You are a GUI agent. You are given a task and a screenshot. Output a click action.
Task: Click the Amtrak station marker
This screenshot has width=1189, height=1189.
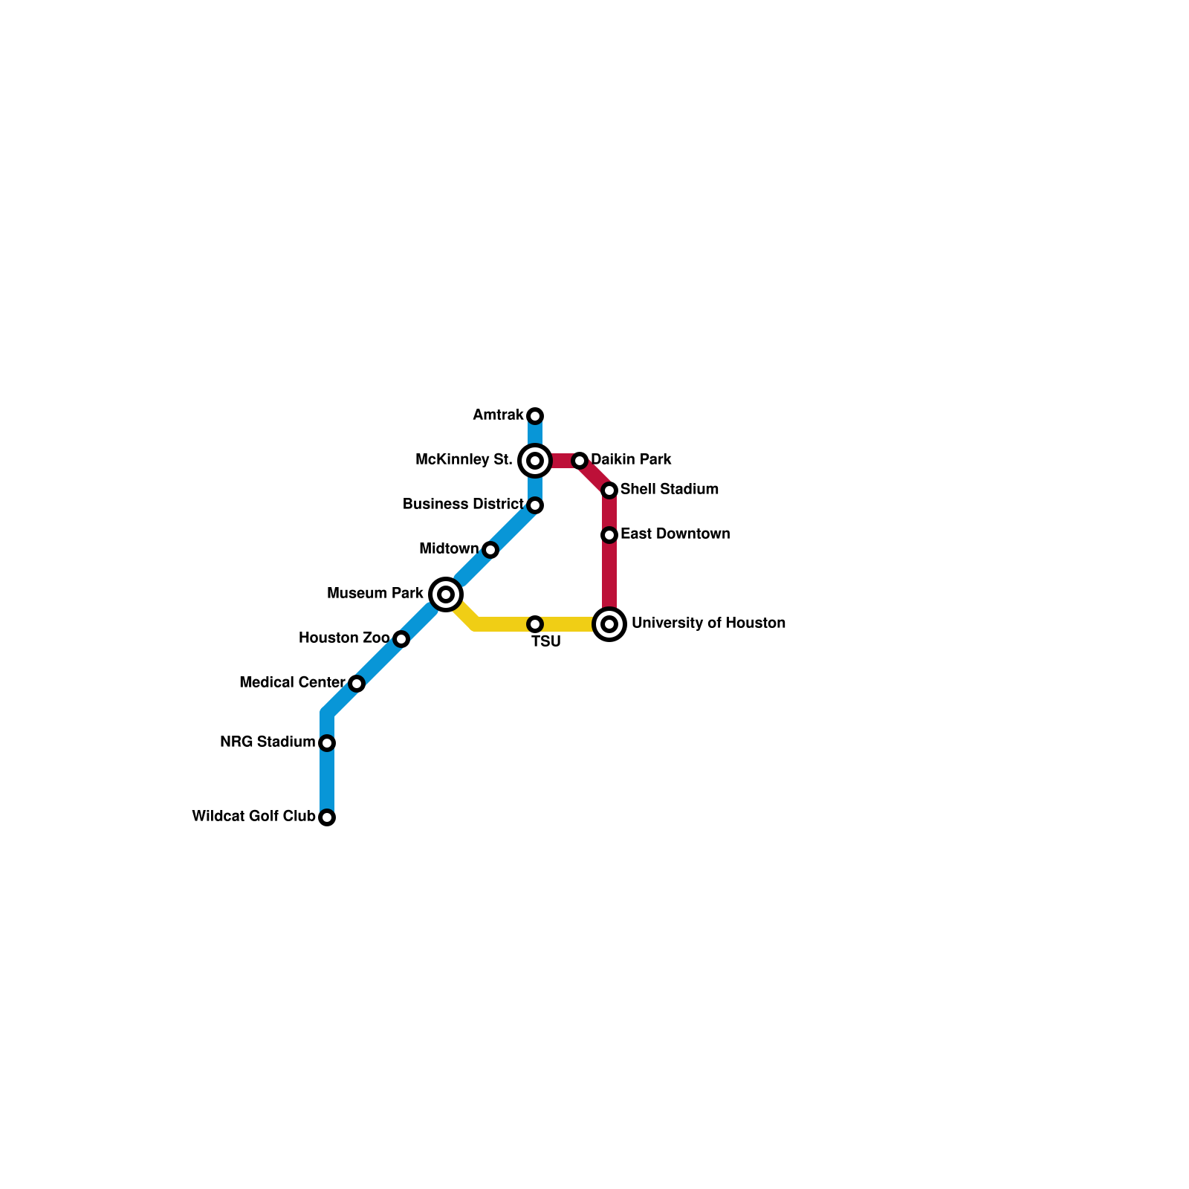535,415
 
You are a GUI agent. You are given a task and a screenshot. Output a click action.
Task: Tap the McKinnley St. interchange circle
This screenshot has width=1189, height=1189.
535,461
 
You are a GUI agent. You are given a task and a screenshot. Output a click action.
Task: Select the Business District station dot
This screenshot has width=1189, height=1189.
535,505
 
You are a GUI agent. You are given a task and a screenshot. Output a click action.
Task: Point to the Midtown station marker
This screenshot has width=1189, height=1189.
490,550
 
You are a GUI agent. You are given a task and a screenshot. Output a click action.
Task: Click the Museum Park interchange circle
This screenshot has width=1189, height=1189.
446,594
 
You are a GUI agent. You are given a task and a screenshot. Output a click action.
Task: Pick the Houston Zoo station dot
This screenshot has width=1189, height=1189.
401,639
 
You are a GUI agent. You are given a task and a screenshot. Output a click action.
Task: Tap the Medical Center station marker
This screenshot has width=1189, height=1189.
357,684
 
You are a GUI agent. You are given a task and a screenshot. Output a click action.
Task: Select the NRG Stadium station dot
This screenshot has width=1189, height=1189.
327,743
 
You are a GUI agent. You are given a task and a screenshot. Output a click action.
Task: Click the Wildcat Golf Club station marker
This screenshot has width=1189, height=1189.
327,817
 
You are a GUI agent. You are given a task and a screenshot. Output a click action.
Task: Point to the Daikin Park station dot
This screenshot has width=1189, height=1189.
580,461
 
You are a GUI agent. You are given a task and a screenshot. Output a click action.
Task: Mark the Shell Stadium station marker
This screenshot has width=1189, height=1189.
609,490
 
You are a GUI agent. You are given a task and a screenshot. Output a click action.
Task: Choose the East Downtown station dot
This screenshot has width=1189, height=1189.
609,535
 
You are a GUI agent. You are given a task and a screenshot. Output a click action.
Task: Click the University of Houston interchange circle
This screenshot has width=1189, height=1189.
609,624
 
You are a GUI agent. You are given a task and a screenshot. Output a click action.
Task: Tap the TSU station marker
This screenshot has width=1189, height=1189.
535,624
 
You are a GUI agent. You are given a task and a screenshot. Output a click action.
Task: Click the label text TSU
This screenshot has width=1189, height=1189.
546,642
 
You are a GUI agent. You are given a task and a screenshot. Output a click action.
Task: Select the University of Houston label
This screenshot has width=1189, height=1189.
708,623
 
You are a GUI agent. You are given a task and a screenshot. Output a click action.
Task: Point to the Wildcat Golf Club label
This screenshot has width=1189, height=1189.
253,817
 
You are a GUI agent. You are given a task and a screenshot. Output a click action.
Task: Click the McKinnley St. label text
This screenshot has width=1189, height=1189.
464,460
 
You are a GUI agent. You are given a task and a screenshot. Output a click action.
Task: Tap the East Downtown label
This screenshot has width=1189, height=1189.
675,534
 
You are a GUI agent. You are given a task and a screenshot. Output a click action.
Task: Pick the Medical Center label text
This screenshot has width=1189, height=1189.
292,683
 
